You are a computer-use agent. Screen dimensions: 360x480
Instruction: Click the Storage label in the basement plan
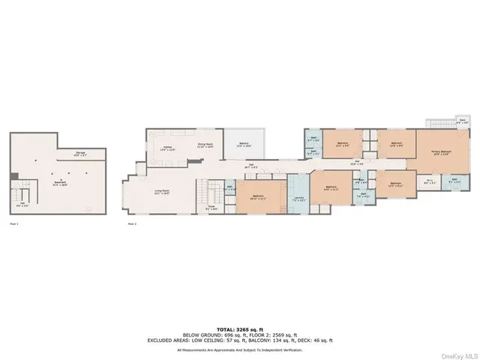point(79,154)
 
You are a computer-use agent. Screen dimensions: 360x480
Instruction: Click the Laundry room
point(298,199)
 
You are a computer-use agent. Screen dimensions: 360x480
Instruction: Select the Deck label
point(462,121)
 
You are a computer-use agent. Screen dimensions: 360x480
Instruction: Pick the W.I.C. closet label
point(430,181)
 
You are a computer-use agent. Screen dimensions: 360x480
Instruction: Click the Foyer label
point(212,208)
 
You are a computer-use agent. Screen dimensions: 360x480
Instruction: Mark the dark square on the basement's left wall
point(13,177)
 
